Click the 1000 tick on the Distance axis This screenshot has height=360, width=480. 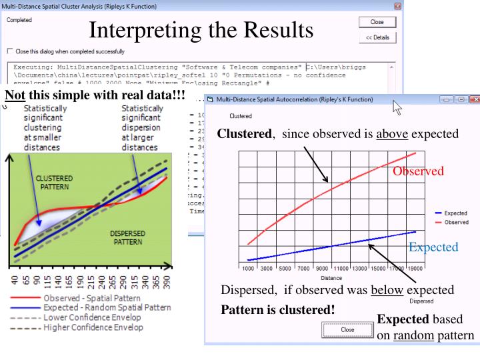click(247, 267)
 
